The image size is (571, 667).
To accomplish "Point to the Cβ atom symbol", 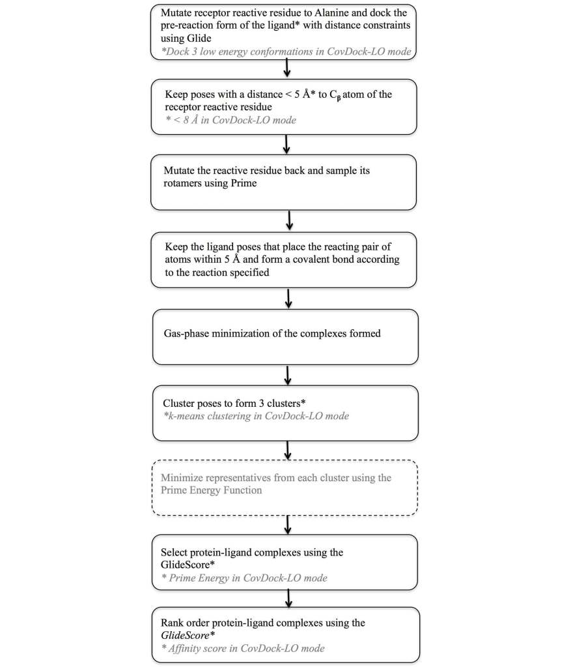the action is tap(335, 95).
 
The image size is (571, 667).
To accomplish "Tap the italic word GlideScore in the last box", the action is tap(185, 636).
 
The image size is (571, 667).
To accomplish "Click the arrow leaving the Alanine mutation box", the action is tap(287, 68).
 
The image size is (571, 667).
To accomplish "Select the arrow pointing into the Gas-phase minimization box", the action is tap(288, 299).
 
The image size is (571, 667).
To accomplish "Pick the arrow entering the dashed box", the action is tap(288, 451).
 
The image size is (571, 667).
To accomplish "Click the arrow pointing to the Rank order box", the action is tap(288, 599).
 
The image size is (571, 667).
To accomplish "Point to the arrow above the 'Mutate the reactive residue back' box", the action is tap(286, 145).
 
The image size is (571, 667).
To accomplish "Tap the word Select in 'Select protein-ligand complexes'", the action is tap(174, 552).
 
